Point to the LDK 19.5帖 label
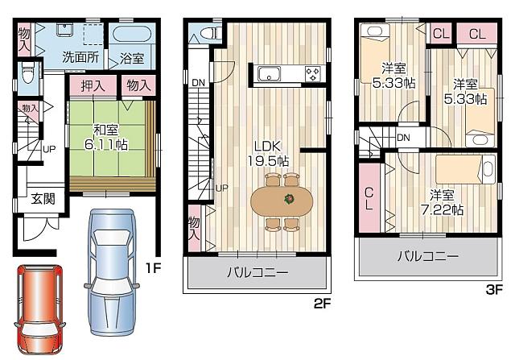pyautogui.click(x=269, y=152)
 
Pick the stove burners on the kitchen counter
pyautogui.click(x=311, y=75)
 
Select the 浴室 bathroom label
pyautogui.click(x=132, y=58)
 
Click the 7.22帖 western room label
pyautogui.click(x=444, y=202)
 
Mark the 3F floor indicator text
pyautogui.click(x=493, y=289)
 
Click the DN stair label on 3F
pyautogui.click(x=403, y=138)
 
